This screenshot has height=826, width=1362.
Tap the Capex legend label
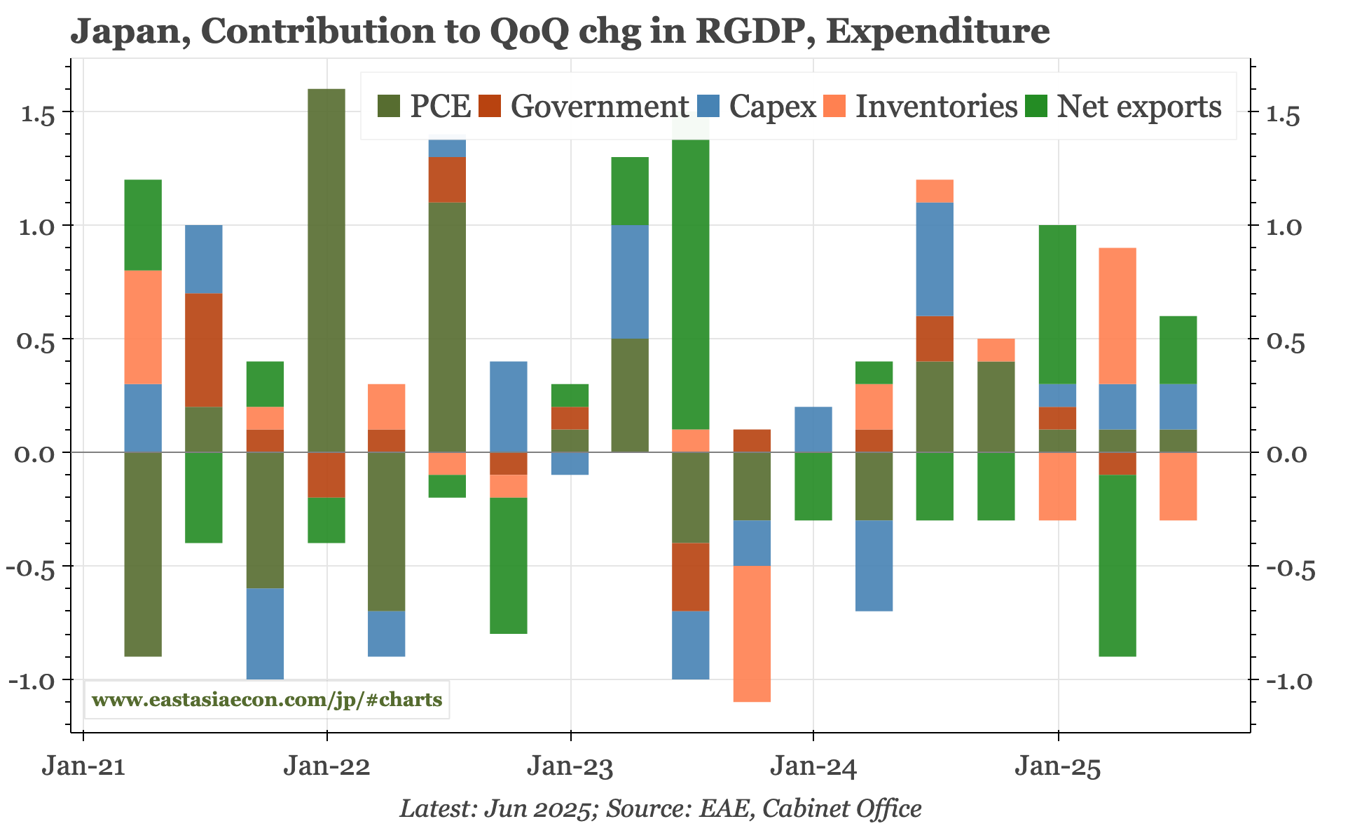pos(772,107)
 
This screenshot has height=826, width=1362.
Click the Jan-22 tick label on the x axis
pos(326,767)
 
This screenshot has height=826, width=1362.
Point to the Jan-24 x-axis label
pos(813,767)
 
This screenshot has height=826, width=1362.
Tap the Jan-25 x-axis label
pos(1058,767)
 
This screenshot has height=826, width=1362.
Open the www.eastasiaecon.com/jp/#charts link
pos(267,700)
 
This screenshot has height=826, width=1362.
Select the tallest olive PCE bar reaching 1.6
pos(326,270)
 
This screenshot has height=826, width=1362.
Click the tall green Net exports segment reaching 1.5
pos(691,280)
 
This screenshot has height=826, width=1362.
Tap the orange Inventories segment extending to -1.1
pos(752,633)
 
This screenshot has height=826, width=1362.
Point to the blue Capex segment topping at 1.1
pos(935,259)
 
